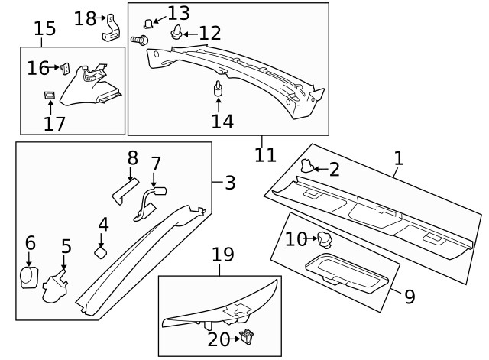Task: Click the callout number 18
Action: pyautogui.click(x=85, y=17)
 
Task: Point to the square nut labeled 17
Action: pyautogui.click(x=50, y=96)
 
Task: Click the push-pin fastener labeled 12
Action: pyautogui.click(x=179, y=32)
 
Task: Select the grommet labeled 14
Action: pyautogui.click(x=219, y=89)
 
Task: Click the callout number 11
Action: pyautogui.click(x=264, y=154)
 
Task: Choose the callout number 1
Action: pyautogui.click(x=398, y=159)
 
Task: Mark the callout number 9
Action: pyautogui.click(x=409, y=296)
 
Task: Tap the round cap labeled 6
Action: pyautogui.click(x=28, y=277)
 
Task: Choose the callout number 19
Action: pyautogui.click(x=222, y=255)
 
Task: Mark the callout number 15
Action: pyautogui.click(x=45, y=29)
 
